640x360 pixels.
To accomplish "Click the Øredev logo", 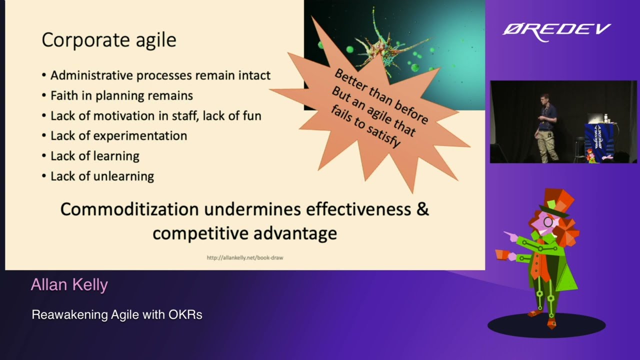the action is tap(556, 31).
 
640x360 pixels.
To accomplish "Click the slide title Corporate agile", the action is tap(109, 39).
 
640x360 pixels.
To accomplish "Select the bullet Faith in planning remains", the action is tap(121, 95).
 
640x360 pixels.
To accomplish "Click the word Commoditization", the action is tap(129, 209).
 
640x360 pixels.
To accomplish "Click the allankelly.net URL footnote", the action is tap(245, 257).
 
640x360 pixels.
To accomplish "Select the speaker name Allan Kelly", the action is tap(69, 284).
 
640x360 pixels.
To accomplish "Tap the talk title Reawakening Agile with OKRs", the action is tap(117, 314).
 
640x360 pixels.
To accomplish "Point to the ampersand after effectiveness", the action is tap(423, 209).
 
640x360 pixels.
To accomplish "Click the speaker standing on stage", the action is tap(547, 128).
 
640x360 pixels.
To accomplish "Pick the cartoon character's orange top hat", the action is tap(556, 201).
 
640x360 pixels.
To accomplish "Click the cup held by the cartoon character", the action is tap(502, 254).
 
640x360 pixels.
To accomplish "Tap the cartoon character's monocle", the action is tap(547, 221).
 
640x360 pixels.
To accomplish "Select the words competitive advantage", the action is tap(245, 233).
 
